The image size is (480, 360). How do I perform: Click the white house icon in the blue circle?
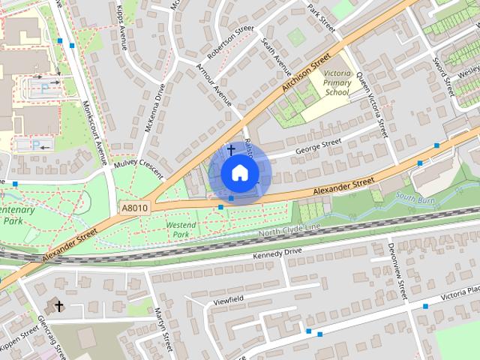238,172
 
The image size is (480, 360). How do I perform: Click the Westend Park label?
181,229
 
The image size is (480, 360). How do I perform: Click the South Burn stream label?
415,197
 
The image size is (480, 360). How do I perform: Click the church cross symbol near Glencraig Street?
59,306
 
